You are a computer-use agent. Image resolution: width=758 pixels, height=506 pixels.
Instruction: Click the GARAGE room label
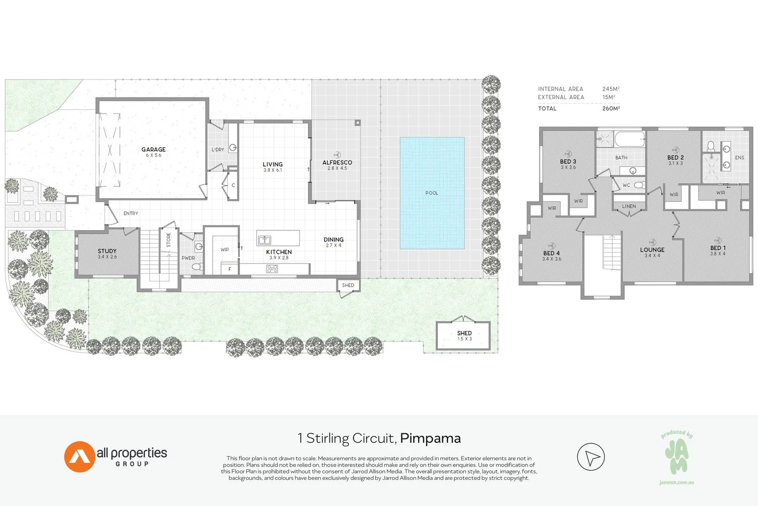pos(153,150)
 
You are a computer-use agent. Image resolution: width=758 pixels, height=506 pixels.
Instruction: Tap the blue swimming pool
pos(432,193)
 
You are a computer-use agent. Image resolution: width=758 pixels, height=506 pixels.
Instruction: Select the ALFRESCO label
pos(337,163)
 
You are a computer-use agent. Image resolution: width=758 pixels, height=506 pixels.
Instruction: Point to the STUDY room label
pos(107,251)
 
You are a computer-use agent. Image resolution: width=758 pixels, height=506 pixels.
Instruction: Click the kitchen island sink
pos(264,240)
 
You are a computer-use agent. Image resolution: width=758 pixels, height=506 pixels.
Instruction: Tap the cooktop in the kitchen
pos(272,268)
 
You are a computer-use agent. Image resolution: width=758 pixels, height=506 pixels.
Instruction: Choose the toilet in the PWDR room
pos(198,267)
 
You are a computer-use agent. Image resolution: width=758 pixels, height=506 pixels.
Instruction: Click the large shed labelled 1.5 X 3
pos(463,335)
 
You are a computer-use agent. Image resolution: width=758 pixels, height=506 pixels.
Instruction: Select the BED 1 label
pos(718,248)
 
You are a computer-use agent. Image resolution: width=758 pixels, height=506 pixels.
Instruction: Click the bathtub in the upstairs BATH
pos(629,139)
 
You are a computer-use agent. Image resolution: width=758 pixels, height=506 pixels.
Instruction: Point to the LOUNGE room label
pos(652,250)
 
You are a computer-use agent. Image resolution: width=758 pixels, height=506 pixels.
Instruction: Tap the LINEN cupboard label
pos(629,206)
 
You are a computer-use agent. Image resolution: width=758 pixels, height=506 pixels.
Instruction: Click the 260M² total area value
pos(611,108)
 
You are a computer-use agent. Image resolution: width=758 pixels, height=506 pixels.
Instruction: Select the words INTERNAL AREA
pos(561,89)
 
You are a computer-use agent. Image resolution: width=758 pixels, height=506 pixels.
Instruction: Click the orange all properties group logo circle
pos(80,456)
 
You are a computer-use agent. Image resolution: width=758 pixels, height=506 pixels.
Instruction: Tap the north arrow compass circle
pos(591,457)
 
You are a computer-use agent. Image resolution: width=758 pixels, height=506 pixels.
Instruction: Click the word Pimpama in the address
pos(430,438)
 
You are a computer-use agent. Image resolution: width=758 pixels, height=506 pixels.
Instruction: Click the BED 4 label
pos(551,253)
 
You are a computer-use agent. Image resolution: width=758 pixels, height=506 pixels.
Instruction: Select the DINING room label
pos(334,239)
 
